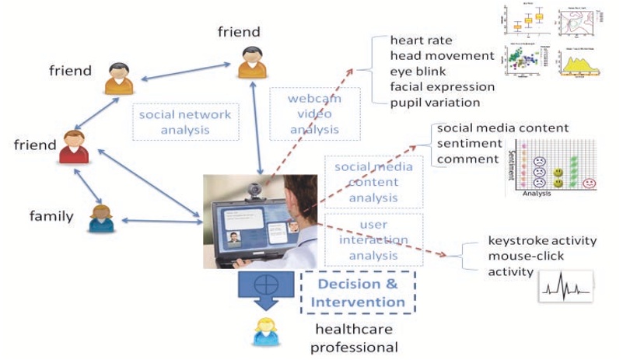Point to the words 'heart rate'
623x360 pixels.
point(420,40)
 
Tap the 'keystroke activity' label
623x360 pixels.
point(541,240)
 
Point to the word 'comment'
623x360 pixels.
point(467,159)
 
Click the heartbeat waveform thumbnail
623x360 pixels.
point(566,287)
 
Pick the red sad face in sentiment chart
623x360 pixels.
point(590,183)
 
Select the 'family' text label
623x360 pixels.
point(51,215)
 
